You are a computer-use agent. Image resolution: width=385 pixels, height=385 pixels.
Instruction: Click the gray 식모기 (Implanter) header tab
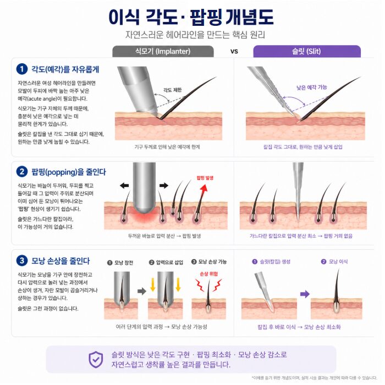pos(163,51)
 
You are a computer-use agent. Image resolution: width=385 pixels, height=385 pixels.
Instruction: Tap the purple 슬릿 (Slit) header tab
pos(307,51)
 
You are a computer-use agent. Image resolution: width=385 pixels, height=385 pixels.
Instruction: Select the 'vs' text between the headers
pos(234,52)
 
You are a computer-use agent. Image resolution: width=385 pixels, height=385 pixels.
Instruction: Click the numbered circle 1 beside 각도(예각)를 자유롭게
pos(22,69)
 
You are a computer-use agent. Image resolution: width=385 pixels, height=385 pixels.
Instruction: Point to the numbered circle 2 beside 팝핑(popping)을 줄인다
pos(22,172)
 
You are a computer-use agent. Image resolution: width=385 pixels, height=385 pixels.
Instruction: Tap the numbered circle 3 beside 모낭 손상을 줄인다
pos(22,260)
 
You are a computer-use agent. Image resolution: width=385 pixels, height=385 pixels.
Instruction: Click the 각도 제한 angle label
pos(172,90)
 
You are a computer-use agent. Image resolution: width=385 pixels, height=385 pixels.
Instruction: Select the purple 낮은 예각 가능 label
pos(312,87)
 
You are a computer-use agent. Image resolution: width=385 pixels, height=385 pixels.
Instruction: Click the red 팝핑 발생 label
pos(205,178)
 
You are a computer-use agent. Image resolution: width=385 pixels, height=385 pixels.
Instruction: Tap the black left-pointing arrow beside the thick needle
pos(124,185)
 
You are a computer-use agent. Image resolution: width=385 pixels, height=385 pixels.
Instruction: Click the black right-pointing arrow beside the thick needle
pos(164,185)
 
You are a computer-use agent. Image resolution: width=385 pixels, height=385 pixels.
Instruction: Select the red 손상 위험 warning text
pos(208,274)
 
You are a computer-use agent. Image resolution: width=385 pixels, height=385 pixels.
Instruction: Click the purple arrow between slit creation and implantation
pos(305,294)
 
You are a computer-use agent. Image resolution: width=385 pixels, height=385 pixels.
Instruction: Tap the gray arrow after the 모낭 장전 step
pos(142,291)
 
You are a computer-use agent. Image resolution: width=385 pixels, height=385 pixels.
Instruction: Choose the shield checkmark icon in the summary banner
pos(96,360)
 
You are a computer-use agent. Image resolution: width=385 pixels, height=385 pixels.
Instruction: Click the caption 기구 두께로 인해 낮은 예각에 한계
pos(167,147)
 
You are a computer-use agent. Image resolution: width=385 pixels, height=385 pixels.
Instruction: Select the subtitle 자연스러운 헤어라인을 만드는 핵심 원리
pos(195,35)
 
